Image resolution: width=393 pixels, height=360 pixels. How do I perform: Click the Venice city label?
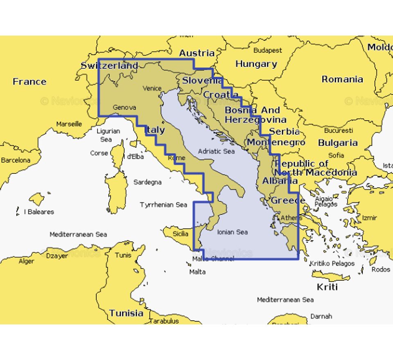point(152,88)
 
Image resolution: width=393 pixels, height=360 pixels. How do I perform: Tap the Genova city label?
point(124,108)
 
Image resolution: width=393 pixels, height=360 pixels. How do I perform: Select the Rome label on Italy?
point(176,158)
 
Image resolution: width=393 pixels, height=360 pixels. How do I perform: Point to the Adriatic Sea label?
point(216,151)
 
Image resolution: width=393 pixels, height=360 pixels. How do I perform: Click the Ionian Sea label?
point(232,232)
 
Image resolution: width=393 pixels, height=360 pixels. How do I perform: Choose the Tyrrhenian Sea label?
point(163,205)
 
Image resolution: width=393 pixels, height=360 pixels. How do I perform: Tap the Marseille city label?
point(69,124)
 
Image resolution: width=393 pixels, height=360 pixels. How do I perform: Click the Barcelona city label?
point(16,160)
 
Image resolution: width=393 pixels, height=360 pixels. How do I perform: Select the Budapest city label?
point(268,50)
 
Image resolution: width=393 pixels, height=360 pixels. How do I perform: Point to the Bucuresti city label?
point(339,130)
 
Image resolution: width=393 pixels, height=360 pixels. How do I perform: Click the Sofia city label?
point(336,155)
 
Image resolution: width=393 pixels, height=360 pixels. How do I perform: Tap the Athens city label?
point(291,218)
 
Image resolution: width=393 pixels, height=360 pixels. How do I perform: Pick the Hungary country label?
point(256,64)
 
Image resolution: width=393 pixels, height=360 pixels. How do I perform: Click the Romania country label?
point(342,79)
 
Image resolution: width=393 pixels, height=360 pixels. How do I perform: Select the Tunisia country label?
point(126,313)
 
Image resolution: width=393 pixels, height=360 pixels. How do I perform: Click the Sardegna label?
point(147,182)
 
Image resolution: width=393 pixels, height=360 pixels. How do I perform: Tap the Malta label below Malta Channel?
point(197,272)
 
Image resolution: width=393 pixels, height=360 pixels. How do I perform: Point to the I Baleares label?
point(39,212)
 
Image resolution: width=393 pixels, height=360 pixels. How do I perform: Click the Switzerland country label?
point(109,65)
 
